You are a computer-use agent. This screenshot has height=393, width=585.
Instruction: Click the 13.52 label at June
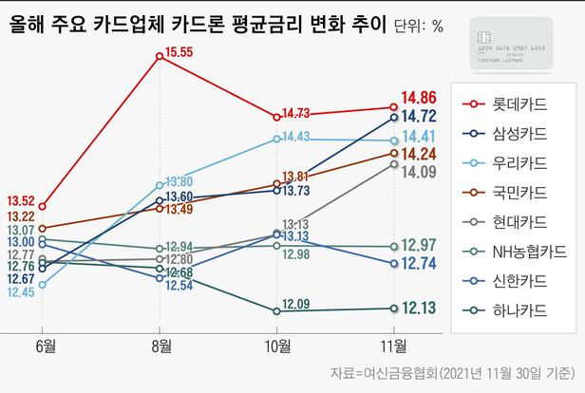[x=21, y=200]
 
